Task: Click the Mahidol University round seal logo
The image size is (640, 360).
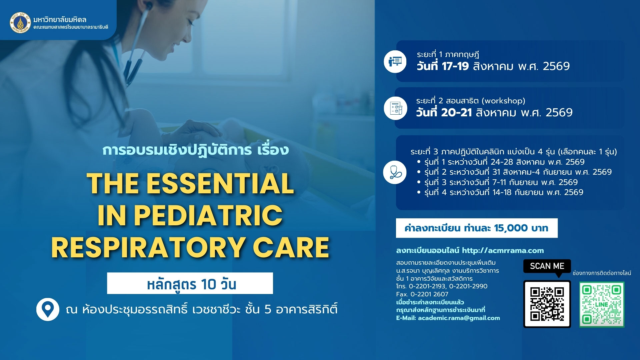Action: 20,22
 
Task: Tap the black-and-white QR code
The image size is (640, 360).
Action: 547,304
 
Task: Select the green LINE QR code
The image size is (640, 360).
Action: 601,304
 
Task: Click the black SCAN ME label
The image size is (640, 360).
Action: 547,266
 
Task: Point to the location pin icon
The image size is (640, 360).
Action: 48,309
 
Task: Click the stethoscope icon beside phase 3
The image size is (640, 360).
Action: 395,172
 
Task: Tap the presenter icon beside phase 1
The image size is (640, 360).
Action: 395,62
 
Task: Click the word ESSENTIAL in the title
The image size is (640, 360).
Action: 220,183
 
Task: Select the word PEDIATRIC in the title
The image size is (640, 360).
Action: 208,215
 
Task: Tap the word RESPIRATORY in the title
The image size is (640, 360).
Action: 148,247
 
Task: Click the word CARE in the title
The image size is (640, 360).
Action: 291,247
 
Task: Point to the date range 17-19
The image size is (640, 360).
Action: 455,66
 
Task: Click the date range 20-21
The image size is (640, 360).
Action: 457,113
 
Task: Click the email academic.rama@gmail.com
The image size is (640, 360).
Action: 459,318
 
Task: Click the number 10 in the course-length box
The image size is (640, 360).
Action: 209,284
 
